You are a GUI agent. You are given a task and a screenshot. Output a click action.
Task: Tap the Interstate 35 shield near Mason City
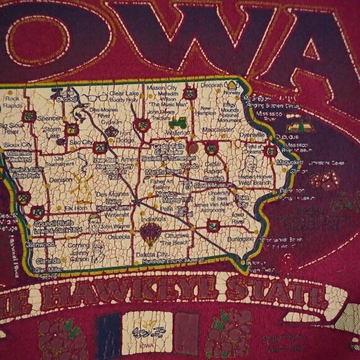pyautogui.click(x=190, y=94)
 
